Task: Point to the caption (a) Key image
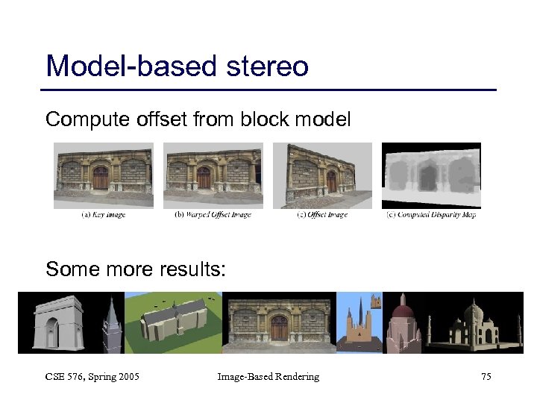tap(103, 215)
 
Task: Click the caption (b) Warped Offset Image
tap(213, 215)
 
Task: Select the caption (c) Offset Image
tap(321, 215)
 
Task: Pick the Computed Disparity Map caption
tap(431, 215)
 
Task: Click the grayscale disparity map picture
tap(431, 176)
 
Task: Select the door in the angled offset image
tap(331, 181)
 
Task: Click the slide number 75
tap(486, 377)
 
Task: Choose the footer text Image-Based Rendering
tap(268, 377)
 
